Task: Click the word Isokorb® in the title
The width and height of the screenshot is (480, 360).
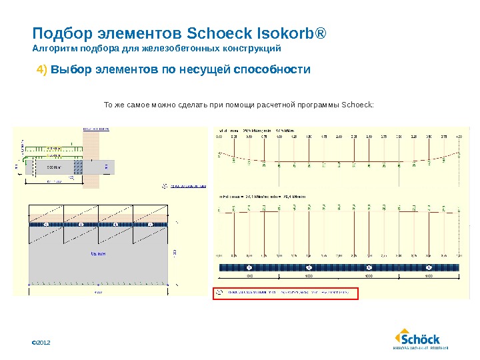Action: click(x=291, y=33)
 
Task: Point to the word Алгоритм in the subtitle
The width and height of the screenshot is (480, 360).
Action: click(x=53, y=49)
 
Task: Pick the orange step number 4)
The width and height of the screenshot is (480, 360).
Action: click(x=42, y=69)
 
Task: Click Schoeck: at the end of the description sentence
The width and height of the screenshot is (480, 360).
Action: click(x=357, y=105)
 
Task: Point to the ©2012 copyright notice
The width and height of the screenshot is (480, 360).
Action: click(x=41, y=342)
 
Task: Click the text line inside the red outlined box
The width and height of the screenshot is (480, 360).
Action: click(x=285, y=292)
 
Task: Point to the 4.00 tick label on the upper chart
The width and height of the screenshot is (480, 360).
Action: click(x=459, y=137)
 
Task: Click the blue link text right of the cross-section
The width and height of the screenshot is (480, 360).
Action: click(x=185, y=187)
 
